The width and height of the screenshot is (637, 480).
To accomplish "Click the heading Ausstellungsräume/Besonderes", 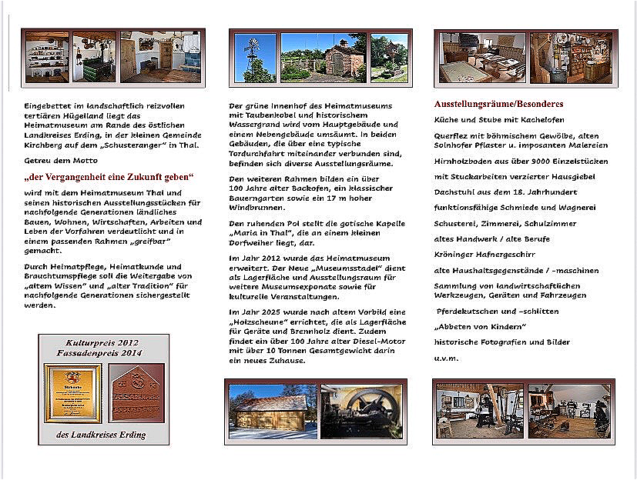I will point(498,104).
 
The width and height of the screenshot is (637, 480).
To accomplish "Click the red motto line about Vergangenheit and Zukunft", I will point(109,177).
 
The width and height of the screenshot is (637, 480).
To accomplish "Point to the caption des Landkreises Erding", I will point(102,435).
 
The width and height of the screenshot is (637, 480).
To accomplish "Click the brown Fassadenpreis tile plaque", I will point(136,392).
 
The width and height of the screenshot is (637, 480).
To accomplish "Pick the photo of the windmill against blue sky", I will point(254,58).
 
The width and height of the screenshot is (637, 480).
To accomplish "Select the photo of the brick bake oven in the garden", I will point(324,58).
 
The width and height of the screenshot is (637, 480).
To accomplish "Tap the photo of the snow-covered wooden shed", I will point(270,412).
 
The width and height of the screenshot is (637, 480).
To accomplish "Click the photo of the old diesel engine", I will point(360,412).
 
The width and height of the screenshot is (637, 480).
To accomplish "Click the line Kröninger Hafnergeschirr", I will point(485,253).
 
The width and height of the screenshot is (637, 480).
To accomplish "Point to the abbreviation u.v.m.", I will point(446,358).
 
